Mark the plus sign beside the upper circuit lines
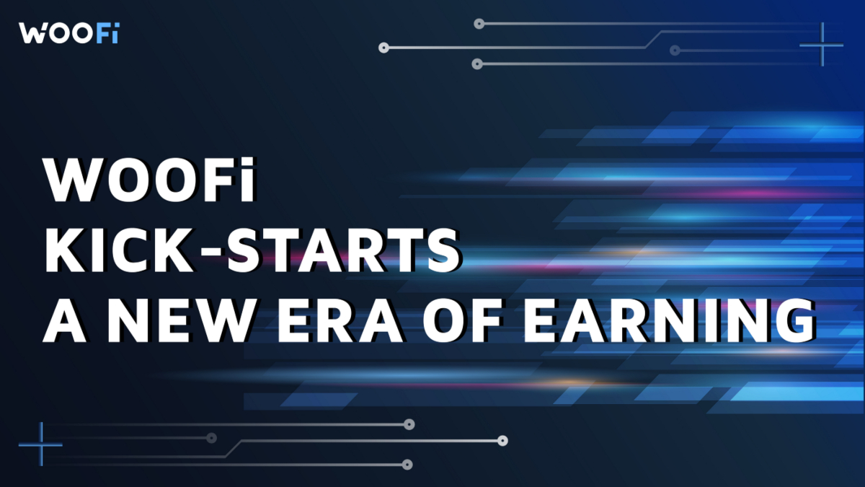[821, 45]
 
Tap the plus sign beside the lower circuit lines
[40, 444]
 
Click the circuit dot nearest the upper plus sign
[675, 51]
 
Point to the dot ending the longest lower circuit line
[503, 440]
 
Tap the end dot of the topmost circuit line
[478, 24]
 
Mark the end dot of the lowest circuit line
[408, 465]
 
